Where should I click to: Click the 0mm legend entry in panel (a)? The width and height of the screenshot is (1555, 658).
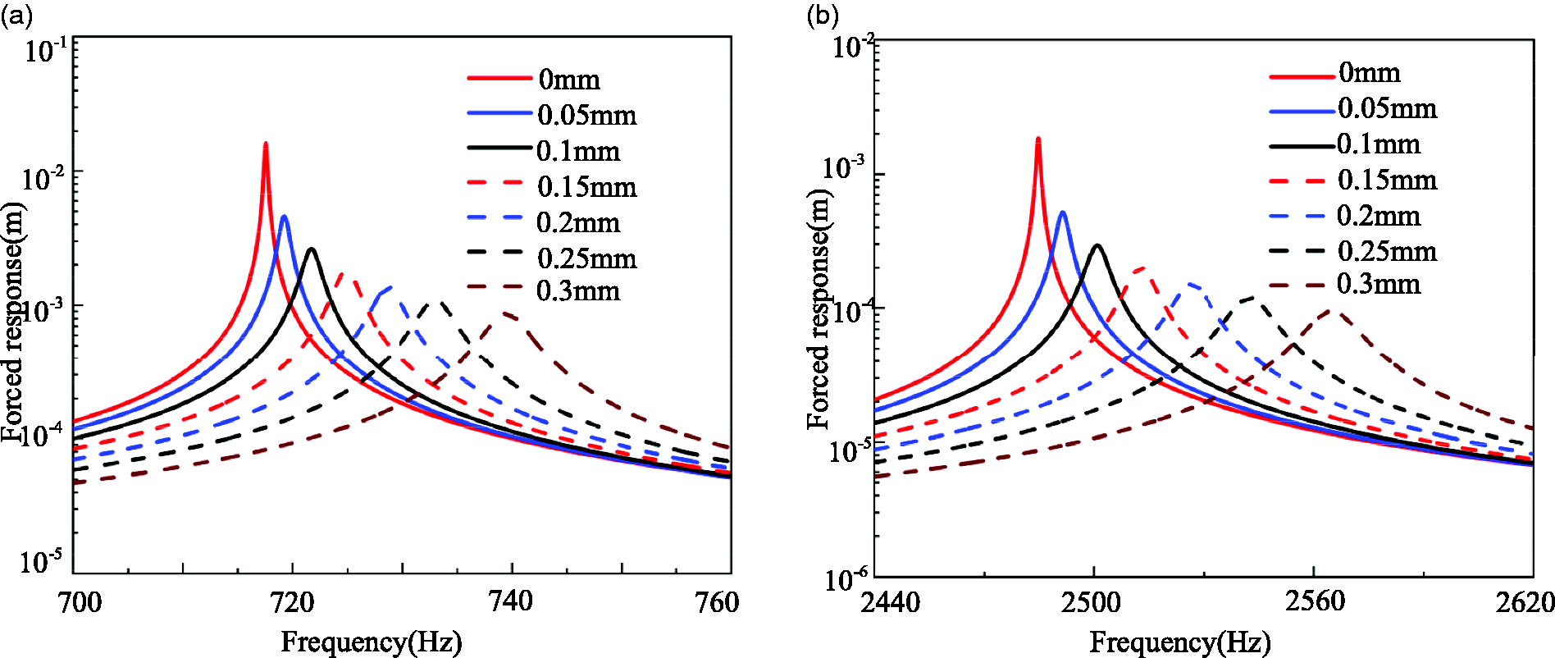point(534,79)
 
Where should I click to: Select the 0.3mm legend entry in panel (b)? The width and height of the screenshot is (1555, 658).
point(1345,284)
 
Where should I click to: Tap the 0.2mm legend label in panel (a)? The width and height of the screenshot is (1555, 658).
point(578,222)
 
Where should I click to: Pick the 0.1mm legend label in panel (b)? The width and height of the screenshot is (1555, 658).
point(1379,144)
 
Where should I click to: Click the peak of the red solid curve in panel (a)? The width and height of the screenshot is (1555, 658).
point(265,144)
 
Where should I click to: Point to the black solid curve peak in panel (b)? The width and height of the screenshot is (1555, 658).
point(1097,245)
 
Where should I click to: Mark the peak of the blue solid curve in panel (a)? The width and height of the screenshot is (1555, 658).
point(284,217)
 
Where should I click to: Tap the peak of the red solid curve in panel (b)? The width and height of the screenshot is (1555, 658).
point(1038,139)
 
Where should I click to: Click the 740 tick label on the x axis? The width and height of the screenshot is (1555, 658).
point(511,601)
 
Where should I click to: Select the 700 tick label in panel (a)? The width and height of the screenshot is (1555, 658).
point(80,602)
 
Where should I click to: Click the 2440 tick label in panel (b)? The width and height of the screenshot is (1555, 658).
point(891,602)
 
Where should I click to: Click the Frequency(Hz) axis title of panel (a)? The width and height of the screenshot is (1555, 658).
point(372,642)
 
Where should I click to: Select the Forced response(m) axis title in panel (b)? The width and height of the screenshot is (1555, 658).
point(819,308)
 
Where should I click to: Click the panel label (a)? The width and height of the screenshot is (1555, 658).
point(16,16)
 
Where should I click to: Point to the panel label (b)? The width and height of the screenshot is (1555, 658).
point(823,16)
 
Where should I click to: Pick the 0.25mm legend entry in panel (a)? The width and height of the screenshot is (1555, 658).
point(552,258)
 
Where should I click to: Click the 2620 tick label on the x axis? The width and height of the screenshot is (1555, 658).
point(1525,602)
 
